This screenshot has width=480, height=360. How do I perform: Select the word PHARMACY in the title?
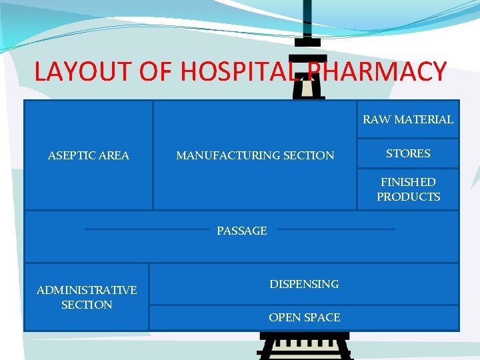[x=377, y=71]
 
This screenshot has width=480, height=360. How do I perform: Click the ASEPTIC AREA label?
[x=89, y=155]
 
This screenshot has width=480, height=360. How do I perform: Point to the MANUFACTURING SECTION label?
[x=255, y=155]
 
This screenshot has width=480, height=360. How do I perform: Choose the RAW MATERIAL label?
[x=408, y=119]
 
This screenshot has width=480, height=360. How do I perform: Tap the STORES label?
[x=408, y=153]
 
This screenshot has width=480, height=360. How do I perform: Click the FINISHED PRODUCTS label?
[x=408, y=189]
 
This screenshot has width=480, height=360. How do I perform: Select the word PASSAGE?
[x=241, y=231]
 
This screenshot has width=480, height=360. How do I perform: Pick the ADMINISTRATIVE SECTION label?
[x=87, y=297]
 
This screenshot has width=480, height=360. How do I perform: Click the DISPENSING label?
[x=304, y=284]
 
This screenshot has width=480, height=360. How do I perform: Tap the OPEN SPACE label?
[x=304, y=317]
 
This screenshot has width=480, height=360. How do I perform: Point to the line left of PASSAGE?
[x=147, y=229]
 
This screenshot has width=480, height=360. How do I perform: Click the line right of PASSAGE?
[x=336, y=229]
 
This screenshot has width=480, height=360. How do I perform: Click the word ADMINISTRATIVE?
[x=87, y=290]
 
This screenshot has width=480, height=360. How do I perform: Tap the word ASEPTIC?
[x=69, y=155]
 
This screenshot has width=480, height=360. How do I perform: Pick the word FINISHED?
[x=408, y=182]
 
